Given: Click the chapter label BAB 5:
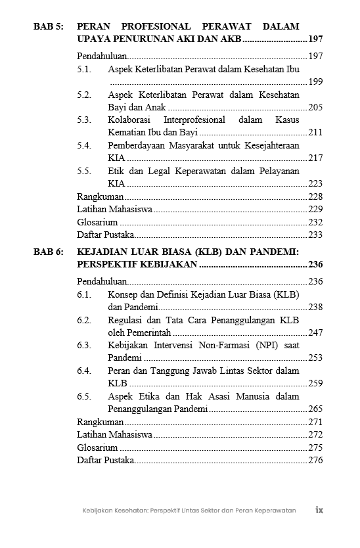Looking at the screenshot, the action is point(49,27).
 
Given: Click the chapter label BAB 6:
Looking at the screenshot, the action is point(49,251).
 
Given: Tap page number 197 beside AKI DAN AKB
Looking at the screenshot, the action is point(315,39).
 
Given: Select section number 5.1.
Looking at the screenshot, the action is point(83,69).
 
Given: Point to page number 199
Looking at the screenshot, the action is point(315,81).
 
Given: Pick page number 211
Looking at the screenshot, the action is point(315,133).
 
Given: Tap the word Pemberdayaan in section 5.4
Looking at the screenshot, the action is point(139,145).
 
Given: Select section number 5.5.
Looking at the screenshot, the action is point(83,171).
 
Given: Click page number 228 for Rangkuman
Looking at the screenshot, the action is point(315,196).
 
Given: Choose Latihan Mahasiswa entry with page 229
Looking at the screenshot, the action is point(115,209).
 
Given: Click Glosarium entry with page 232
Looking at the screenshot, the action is point(97,222).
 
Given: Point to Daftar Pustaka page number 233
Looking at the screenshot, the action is point(315,235).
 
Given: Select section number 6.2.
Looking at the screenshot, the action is point(83,320).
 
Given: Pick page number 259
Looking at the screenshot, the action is point(315,384).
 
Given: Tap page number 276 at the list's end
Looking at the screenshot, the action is point(315,460).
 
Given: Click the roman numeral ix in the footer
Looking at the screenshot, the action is point(319,510).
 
